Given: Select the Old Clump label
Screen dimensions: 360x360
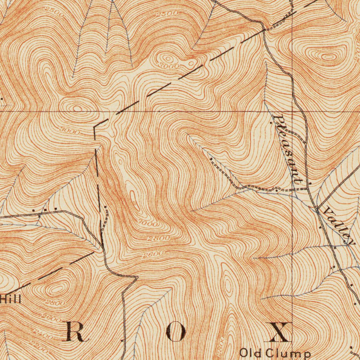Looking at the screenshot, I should (275, 353).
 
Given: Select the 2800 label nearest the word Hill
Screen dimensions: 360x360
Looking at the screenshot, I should (55, 303).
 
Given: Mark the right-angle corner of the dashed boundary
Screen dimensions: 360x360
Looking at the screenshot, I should (95, 127).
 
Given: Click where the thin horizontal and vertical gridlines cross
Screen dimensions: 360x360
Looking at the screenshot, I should (293, 111).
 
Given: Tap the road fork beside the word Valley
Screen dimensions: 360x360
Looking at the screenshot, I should (317, 210).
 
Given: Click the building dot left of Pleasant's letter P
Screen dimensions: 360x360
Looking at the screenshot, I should (271, 123).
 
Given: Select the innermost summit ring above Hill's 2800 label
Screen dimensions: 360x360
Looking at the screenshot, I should (57, 290).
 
